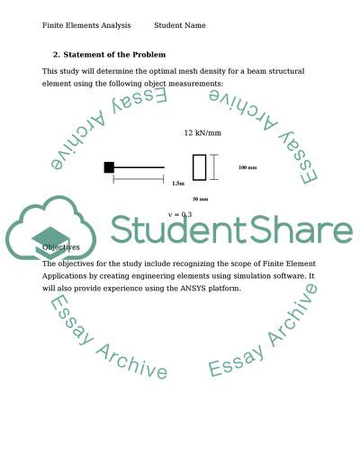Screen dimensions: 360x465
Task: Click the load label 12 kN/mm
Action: pos(202,133)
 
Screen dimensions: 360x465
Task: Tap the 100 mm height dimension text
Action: pos(247,167)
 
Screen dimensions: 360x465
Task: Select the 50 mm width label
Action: pos(201,199)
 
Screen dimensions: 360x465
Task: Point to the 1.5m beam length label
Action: pos(178,183)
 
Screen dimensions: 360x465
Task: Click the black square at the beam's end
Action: pos(109,166)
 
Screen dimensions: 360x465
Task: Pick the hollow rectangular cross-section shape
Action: pos(199,167)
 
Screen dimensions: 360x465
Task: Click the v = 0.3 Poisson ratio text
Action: pos(180,215)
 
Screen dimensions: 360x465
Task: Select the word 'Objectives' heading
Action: pos(61,247)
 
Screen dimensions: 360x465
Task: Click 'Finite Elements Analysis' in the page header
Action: pos(80,26)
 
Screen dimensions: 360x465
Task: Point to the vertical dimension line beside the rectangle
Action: pos(213,167)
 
